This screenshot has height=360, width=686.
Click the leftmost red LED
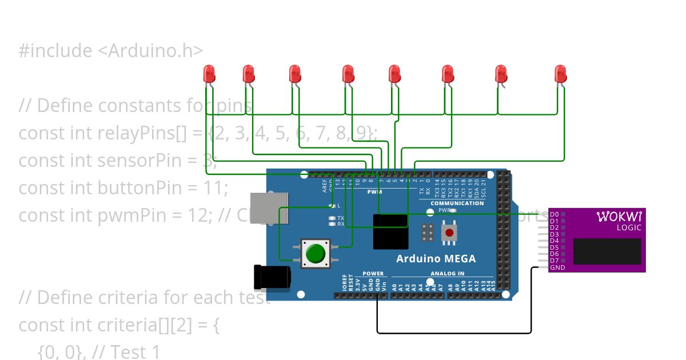click(x=209, y=74)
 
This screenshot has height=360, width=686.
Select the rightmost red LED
click(x=560, y=74)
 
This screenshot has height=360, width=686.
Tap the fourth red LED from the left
click(x=348, y=74)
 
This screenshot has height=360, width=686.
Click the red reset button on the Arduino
click(x=450, y=233)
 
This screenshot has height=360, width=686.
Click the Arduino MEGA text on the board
click(x=436, y=258)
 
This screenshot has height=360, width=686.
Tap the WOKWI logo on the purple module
click(x=619, y=217)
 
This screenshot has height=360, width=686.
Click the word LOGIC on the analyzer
click(x=629, y=227)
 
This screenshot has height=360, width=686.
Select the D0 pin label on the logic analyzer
click(x=553, y=214)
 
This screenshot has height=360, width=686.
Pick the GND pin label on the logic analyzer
click(x=557, y=267)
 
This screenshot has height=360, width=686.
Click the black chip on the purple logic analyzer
click(x=607, y=251)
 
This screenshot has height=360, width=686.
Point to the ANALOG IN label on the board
click(x=448, y=274)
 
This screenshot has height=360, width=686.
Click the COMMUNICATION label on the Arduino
click(x=457, y=203)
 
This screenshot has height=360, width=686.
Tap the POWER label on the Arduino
click(x=373, y=274)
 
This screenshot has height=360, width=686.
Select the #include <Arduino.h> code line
click(x=111, y=51)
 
